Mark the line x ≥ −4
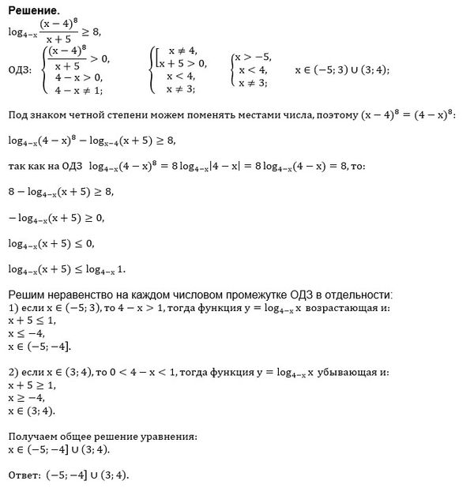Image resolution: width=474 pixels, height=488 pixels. pyautogui.click(x=24, y=400)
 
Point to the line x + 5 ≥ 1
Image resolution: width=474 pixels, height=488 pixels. pyautogui.click(x=31, y=386)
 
